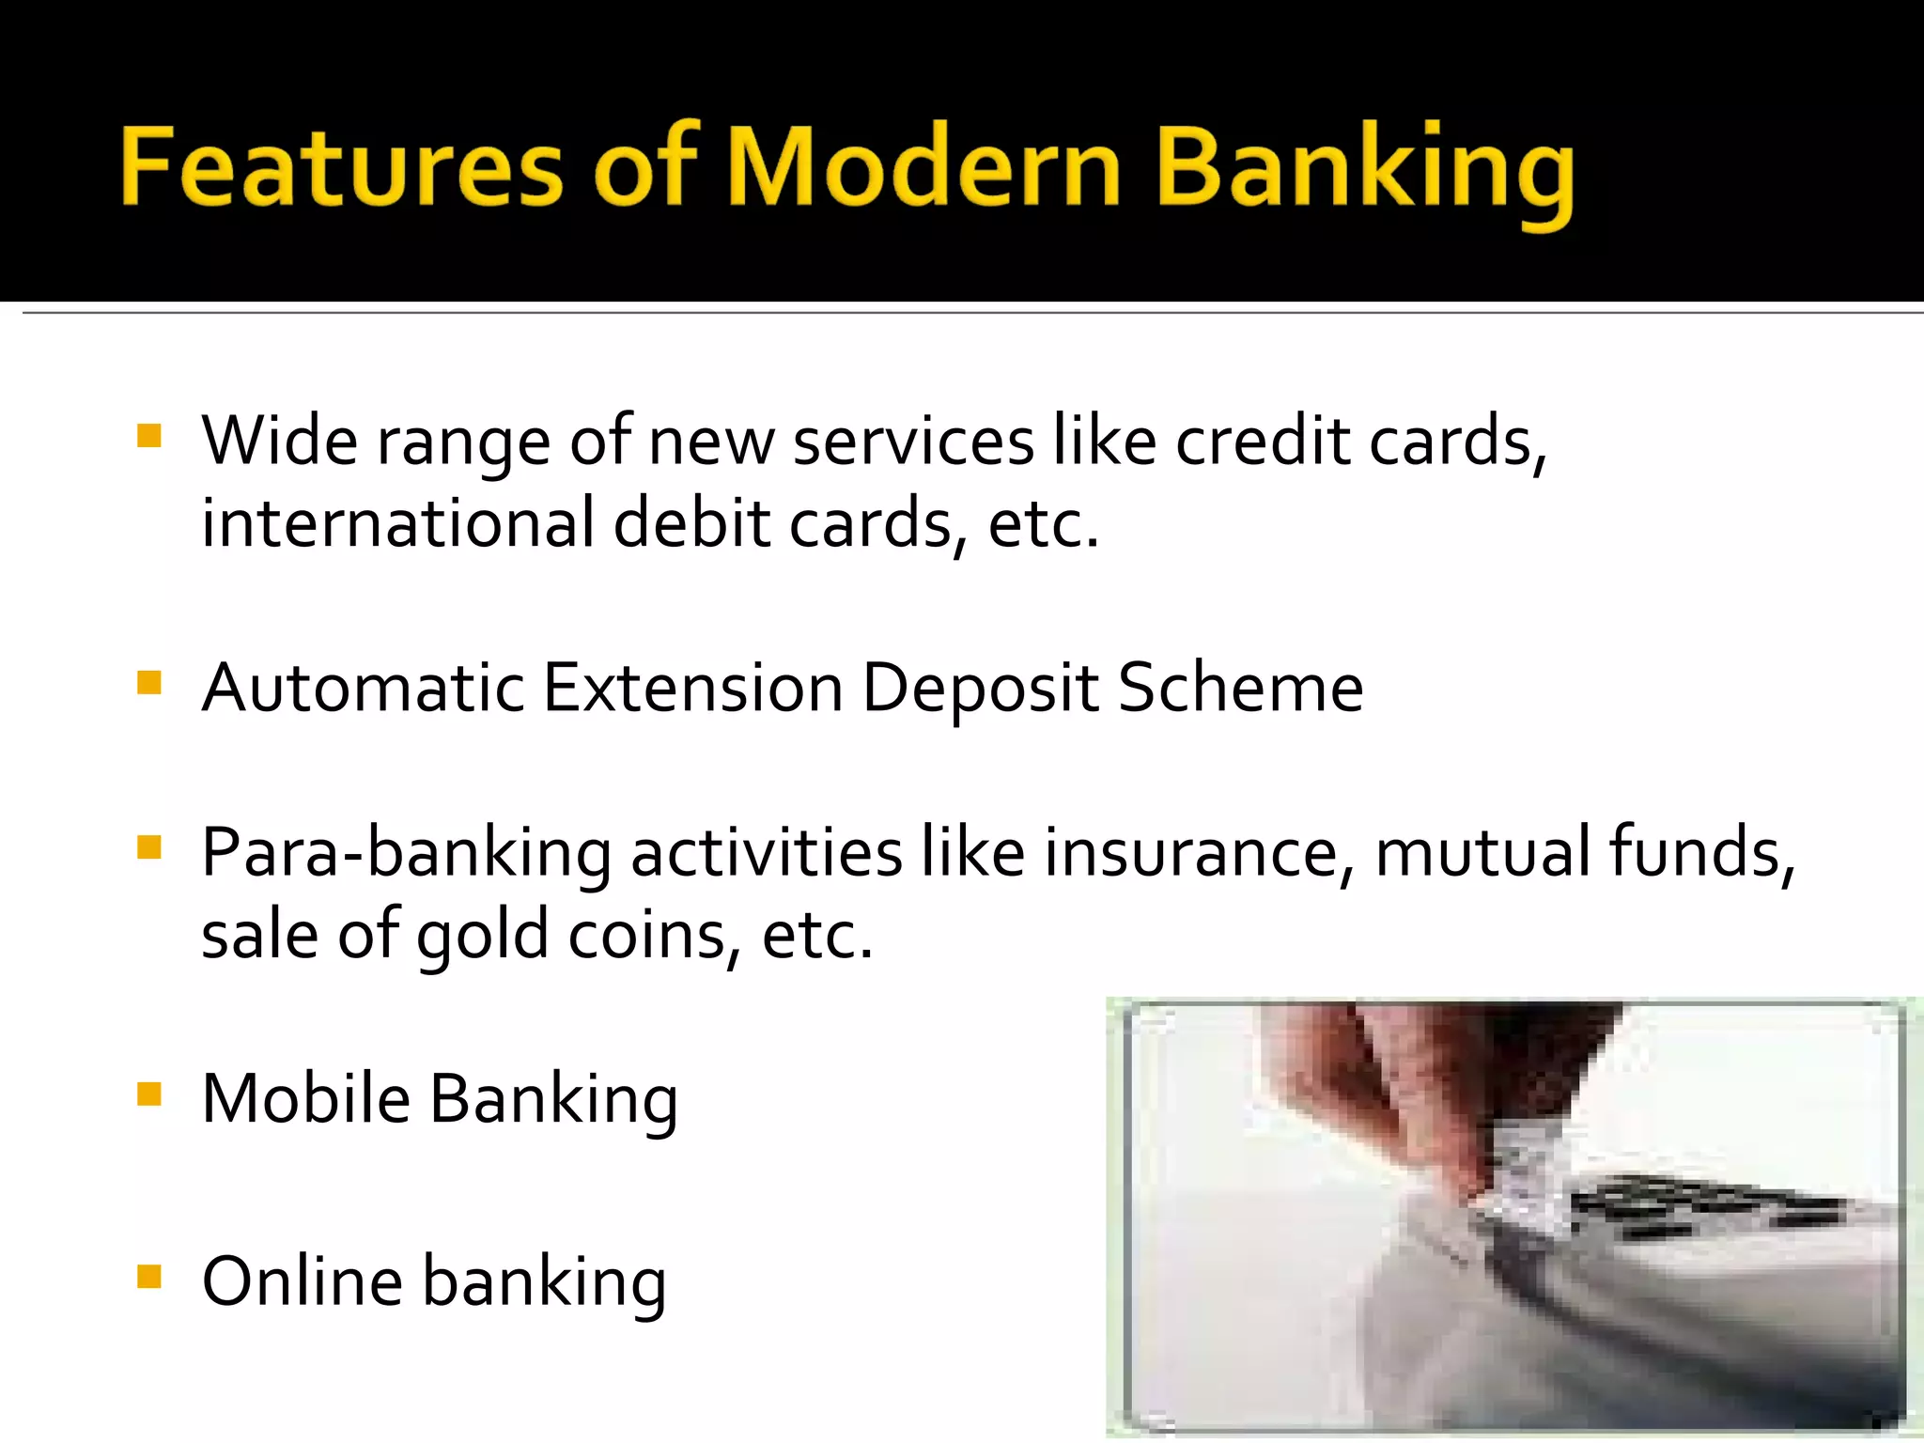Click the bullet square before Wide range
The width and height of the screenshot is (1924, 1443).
[x=149, y=436]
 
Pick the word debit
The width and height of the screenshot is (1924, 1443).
[x=691, y=523]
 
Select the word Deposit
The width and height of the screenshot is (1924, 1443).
[x=980, y=688]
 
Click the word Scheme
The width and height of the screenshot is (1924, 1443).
[x=1240, y=688]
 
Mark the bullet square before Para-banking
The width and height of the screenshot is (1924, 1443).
[x=149, y=847]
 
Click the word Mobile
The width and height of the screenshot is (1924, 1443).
[x=305, y=1098]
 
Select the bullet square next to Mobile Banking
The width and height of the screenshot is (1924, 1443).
[x=149, y=1094]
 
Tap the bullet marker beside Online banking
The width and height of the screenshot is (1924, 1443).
[x=149, y=1277]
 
